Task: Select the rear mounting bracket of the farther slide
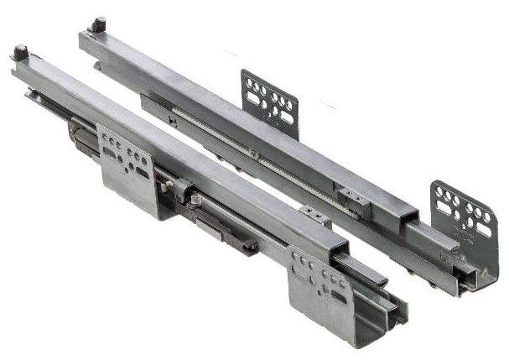click(x=269, y=99)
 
